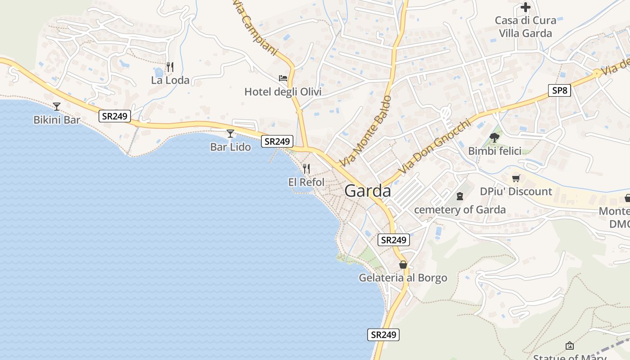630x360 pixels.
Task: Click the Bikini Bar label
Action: pos(57,120)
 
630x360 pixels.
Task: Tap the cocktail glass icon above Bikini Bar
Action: pos(57,107)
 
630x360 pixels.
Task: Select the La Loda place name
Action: pos(170,81)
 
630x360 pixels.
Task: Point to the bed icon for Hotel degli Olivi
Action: pos(283,78)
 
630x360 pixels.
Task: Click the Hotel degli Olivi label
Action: pos(283,92)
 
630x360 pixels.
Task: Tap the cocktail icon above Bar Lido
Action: pos(230,134)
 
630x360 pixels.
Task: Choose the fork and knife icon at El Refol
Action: pos(306,169)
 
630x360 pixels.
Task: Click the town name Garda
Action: pos(368,191)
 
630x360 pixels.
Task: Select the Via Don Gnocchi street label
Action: pos(434,147)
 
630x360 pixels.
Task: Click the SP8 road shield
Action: pos(559,90)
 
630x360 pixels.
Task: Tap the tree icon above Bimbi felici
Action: pos(495,138)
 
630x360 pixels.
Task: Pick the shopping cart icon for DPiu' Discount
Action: pos(516,178)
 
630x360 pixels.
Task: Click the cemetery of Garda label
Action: pos(459,210)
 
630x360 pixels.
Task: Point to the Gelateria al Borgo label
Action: pos(403,278)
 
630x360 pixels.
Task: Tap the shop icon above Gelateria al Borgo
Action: pos(403,265)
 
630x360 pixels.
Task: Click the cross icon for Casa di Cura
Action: pos(525,7)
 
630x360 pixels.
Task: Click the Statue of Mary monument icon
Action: pos(570,346)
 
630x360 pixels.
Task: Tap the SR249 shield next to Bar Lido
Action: pos(277,141)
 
